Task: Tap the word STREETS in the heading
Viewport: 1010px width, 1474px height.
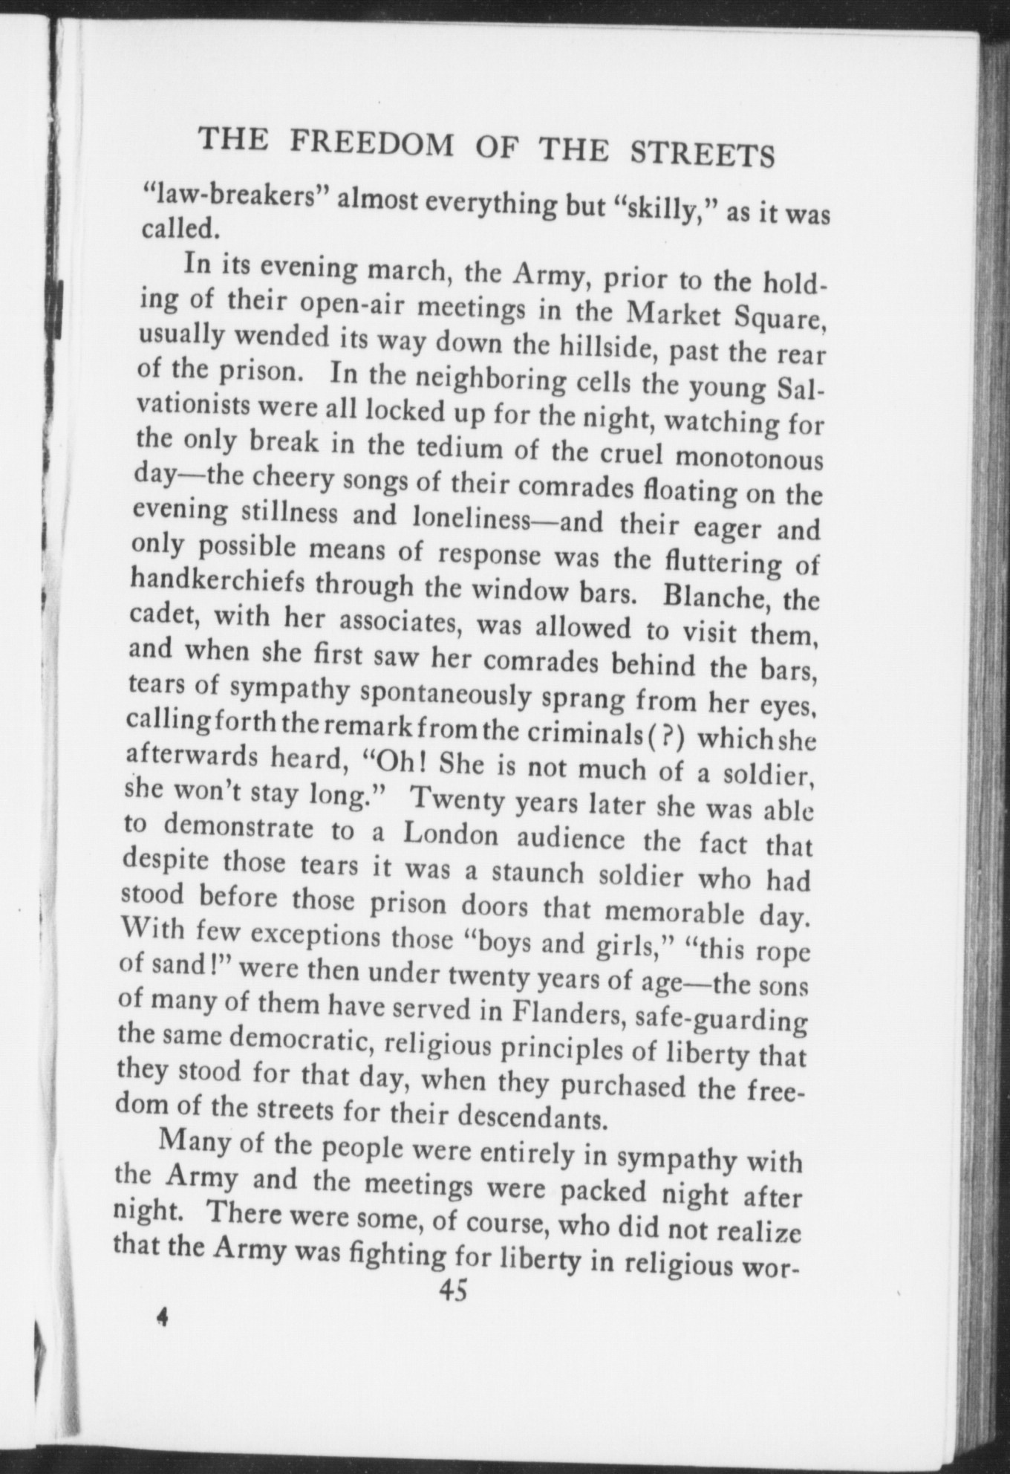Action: coord(702,154)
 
